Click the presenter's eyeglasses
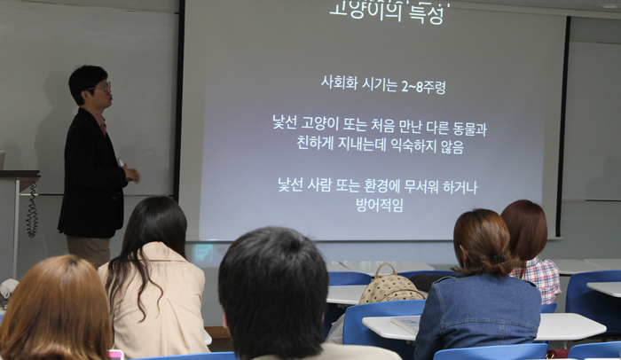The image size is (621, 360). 103,87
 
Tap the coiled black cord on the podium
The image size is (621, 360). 32,210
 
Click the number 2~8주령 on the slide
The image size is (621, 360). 423,85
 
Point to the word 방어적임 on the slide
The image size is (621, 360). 380,205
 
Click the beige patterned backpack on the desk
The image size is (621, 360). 390,286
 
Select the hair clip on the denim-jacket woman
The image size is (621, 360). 499,259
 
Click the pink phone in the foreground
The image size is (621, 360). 116,355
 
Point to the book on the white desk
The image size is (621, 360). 405,324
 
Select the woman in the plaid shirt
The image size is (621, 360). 531,251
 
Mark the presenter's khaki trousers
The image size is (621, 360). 89,251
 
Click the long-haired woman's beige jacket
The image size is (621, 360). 159,301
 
